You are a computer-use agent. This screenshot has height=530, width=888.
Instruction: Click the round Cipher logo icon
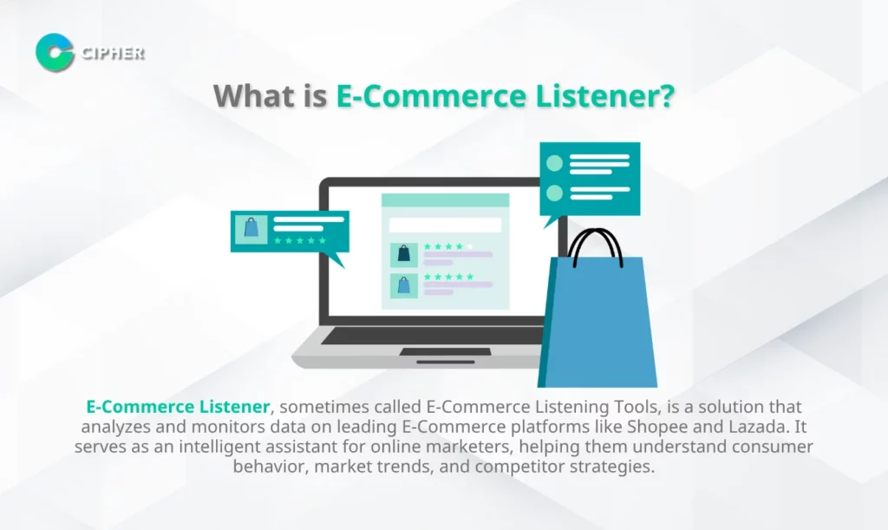tap(55, 53)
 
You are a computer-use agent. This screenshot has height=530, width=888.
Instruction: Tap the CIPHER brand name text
tap(113, 53)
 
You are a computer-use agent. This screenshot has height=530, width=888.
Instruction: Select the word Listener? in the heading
tap(604, 95)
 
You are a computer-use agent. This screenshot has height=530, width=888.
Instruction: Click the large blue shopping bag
tap(597, 321)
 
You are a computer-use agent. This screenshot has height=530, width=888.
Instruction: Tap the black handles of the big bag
tap(595, 247)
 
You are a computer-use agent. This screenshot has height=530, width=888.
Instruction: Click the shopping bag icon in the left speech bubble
tap(251, 228)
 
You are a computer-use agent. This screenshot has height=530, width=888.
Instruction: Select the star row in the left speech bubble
tap(299, 240)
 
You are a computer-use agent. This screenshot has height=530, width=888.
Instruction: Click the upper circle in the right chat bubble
tap(554, 163)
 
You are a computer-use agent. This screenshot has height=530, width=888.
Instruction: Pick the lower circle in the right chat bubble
tap(554, 193)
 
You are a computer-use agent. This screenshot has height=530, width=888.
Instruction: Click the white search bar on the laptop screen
tap(445, 225)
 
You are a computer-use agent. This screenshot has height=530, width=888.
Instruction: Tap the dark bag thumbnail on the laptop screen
tap(404, 253)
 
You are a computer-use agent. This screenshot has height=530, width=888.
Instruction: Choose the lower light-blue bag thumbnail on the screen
tap(404, 285)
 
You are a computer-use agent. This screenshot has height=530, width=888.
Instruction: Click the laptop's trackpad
tap(445, 352)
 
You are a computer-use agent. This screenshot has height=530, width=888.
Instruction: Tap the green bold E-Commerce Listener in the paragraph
tap(178, 407)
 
